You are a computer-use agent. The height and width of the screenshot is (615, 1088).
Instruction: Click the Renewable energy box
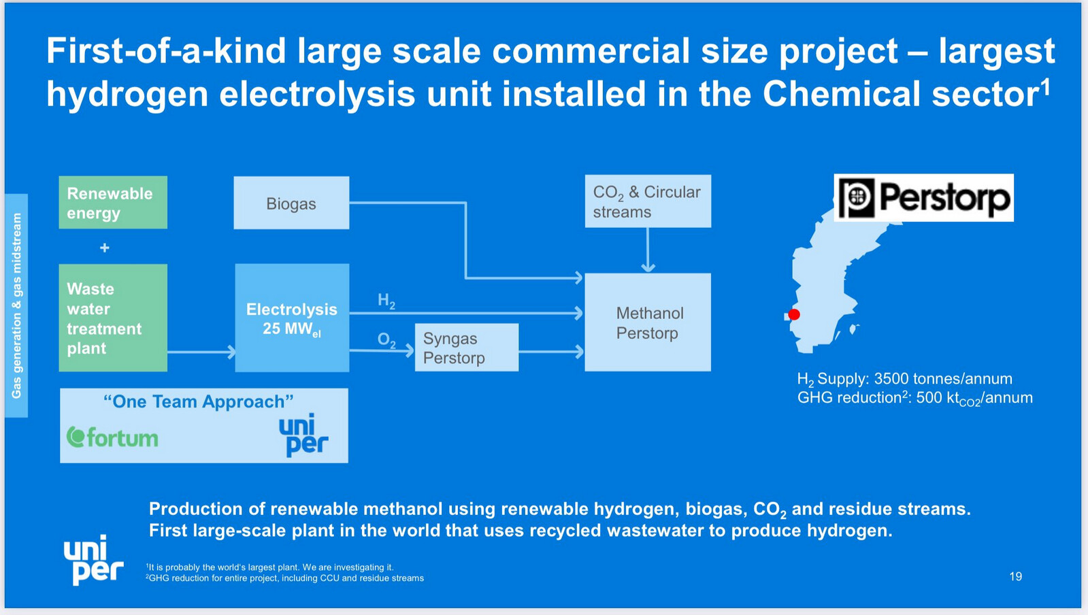point(113,202)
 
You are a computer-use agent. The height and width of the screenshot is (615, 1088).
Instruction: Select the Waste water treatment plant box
point(113,318)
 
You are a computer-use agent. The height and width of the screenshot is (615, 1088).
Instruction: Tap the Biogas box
point(291,203)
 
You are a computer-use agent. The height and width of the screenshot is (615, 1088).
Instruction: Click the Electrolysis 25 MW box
point(292,318)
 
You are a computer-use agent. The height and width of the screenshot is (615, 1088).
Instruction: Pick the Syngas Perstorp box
point(467,348)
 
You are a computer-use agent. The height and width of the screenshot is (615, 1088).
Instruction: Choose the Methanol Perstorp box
point(648,322)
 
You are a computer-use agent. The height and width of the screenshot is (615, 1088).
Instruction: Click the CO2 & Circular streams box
point(648,201)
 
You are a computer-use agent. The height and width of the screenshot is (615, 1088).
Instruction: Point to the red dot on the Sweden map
point(794,314)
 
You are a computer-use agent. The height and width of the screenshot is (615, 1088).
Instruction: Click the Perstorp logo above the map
point(924,198)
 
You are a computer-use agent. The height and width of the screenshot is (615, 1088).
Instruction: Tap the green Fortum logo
point(112,437)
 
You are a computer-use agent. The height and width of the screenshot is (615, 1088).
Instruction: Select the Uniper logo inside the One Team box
point(303,435)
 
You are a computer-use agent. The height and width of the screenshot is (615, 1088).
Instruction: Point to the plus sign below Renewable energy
point(104,248)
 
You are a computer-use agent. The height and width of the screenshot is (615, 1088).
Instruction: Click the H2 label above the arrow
point(386,301)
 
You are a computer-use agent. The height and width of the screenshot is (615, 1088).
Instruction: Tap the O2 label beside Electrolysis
point(386,340)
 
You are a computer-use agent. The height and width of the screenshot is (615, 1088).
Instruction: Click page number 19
point(1016,577)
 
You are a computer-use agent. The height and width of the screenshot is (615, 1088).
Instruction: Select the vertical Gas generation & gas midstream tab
point(16,305)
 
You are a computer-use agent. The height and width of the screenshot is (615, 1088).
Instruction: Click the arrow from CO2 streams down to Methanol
point(648,250)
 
